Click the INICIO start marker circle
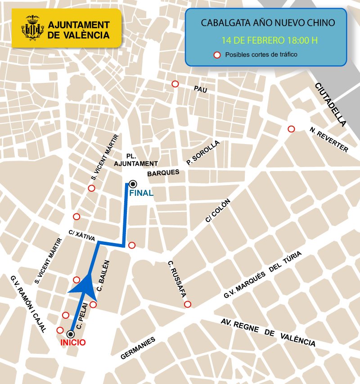[x=71, y=334]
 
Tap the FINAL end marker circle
[x=133, y=184]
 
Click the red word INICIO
[x=72, y=343]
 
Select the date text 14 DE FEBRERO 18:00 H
[x=269, y=40]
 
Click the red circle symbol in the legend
[x=217, y=55]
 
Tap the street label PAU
[x=200, y=89]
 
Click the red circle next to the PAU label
[x=175, y=84]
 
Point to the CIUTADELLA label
[x=331, y=104]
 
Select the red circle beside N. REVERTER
[x=291, y=129]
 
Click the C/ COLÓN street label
[x=218, y=211]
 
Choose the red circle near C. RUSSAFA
[x=187, y=304]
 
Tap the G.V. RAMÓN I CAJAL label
[x=28, y=304]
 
